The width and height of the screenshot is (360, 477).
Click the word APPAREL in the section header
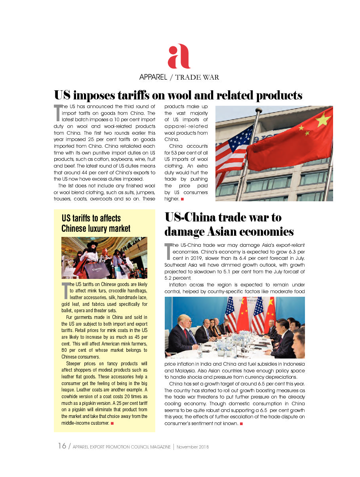point(153,77)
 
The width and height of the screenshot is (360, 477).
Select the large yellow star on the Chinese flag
point(323,118)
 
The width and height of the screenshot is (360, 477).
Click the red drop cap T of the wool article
point(57,113)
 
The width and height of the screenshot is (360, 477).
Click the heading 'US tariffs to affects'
point(91,218)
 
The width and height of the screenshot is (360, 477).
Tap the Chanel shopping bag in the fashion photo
point(97,270)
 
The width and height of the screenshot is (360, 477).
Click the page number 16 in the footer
point(62,446)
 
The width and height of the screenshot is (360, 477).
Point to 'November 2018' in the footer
point(192,447)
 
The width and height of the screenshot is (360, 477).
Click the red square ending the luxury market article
point(112,424)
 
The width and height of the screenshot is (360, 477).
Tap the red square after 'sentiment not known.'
point(240,424)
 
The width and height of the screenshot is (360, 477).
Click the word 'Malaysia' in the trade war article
point(177,371)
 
